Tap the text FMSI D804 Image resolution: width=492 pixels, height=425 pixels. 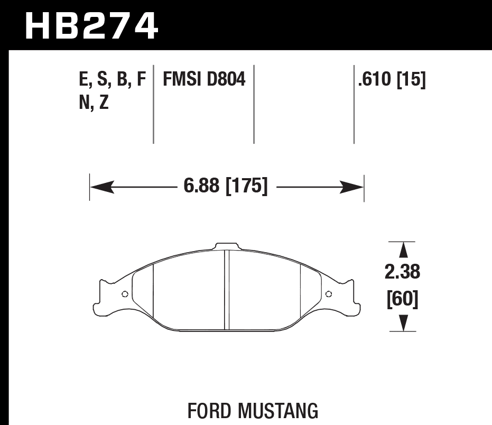tap(204, 80)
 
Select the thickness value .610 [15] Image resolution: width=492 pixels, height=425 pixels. tap(392, 80)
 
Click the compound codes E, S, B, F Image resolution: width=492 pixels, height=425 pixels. tap(112, 80)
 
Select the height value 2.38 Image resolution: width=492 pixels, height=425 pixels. tap(403, 272)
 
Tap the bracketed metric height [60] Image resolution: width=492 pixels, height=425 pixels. tap(403, 299)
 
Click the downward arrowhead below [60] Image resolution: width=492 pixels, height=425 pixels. tap(403, 322)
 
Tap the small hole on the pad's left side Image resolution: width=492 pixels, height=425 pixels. tap(125, 294)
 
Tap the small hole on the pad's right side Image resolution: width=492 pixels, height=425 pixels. tap(328, 294)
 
